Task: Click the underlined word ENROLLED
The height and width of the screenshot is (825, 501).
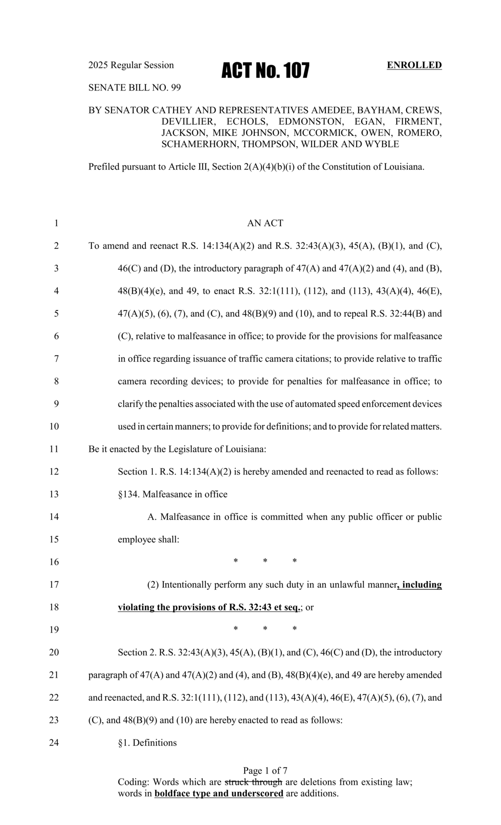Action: (x=414, y=65)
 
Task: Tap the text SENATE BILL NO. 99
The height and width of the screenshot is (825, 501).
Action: (x=135, y=88)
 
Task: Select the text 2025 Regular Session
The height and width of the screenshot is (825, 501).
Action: (x=131, y=65)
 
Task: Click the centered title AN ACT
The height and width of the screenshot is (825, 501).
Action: (x=265, y=223)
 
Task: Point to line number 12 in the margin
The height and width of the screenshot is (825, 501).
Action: (x=54, y=472)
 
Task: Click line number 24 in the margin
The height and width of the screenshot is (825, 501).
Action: (x=54, y=743)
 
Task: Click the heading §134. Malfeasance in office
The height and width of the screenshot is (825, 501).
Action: (x=173, y=494)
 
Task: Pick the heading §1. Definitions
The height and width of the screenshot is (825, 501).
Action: (x=147, y=743)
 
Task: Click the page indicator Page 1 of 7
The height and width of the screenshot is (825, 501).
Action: (x=265, y=771)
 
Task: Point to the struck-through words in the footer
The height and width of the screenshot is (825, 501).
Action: (x=253, y=782)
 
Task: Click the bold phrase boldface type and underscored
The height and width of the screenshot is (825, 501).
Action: (x=219, y=793)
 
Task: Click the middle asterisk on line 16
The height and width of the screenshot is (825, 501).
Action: (x=265, y=561)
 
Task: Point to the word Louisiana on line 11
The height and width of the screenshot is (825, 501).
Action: (x=246, y=449)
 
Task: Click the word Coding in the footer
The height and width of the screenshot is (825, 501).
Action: (x=134, y=782)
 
